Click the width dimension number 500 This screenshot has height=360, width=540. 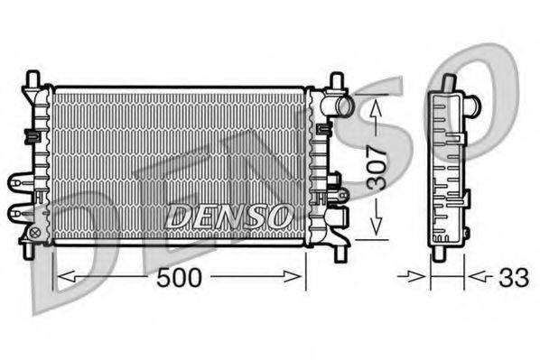[x=179, y=278]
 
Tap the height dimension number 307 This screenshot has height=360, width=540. [x=377, y=168]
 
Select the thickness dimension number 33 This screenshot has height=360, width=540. [x=514, y=278]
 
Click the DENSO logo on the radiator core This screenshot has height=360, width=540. [x=228, y=216]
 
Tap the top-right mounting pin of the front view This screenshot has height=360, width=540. [x=336, y=80]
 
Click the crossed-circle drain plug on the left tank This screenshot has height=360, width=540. [x=35, y=232]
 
